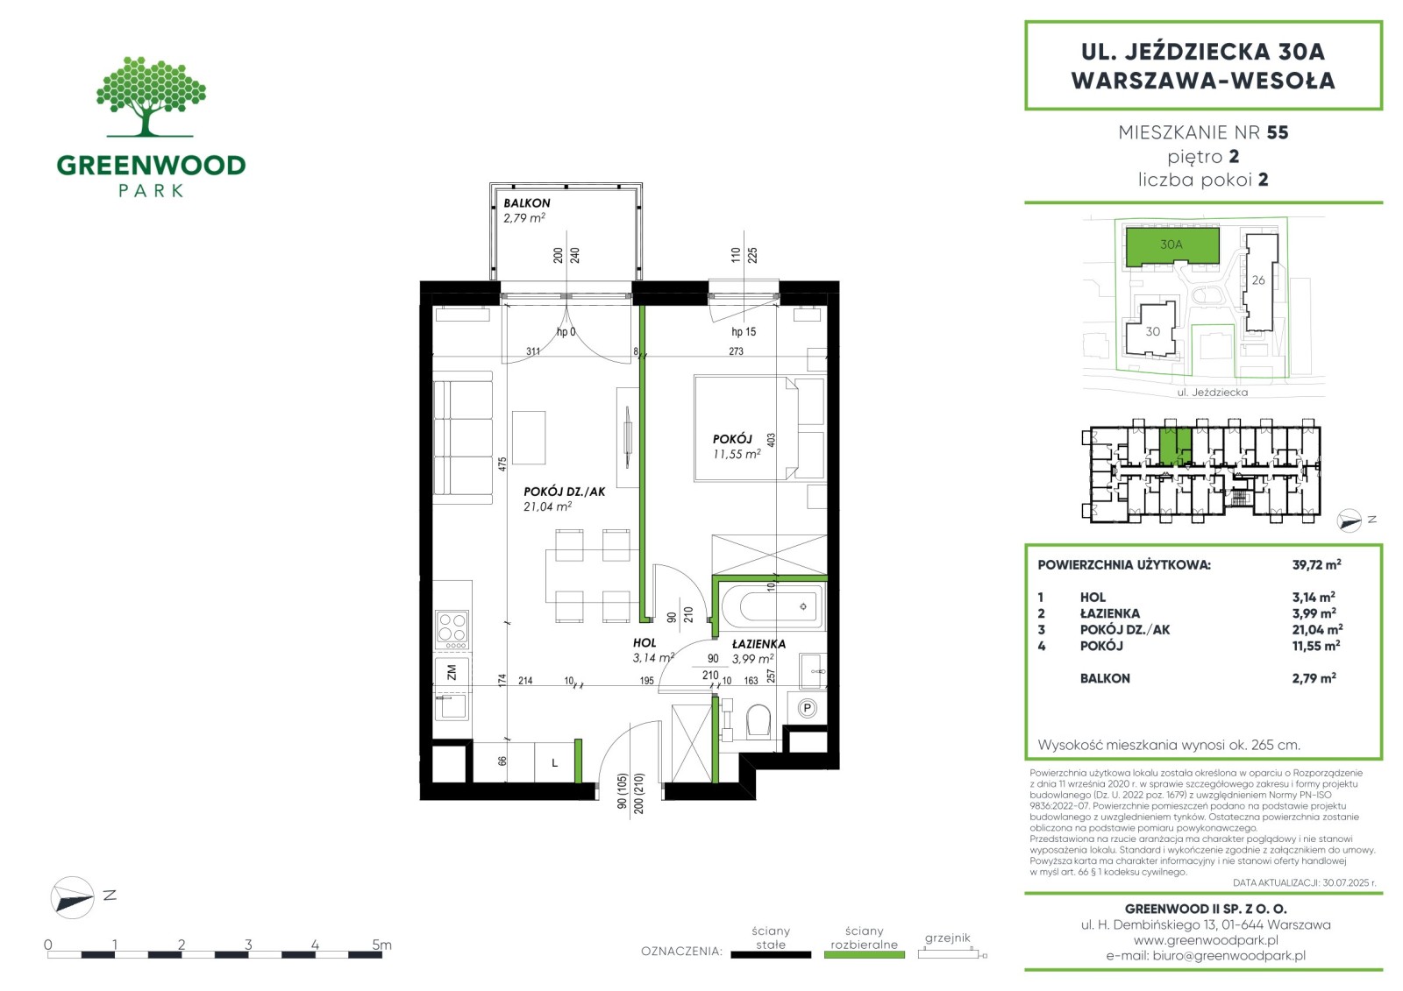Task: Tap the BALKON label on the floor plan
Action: (x=527, y=202)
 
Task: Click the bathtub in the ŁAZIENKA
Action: (x=772, y=605)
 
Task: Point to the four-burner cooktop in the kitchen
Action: (x=452, y=630)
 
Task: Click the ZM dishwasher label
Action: (x=452, y=673)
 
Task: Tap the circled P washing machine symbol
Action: (x=808, y=709)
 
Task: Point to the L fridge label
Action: (x=554, y=762)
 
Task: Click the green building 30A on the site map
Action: (x=1172, y=246)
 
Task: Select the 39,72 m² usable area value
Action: (x=1316, y=564)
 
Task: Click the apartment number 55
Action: (x=1277, y=132)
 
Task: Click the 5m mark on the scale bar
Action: (x=381, y=945)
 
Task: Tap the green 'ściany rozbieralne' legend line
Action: (x=864, y=955)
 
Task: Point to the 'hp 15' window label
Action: (x=744, y=332)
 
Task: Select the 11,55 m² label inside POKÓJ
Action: (x=737, y=454)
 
